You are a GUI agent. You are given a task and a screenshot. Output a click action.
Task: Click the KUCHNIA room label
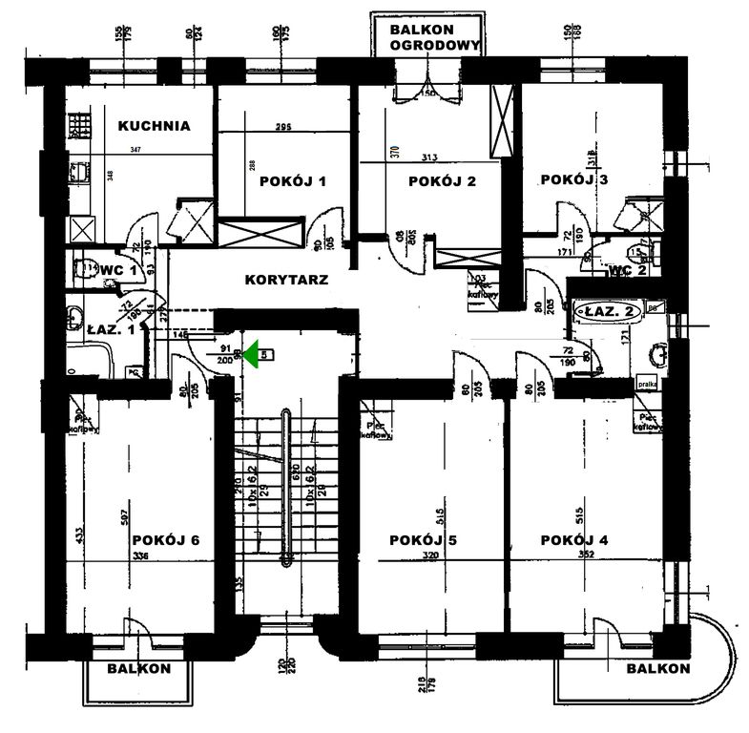[x=155, y=125]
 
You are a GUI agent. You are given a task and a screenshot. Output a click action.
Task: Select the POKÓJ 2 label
[x=441, y=181]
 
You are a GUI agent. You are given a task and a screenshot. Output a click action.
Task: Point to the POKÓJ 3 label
[x=573, y=178]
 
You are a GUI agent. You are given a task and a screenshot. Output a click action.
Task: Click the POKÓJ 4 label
[x=574, y=540]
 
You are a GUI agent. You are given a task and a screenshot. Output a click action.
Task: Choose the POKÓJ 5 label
[x=424, y=540]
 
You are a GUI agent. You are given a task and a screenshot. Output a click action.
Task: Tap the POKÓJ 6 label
[x=166, y=540]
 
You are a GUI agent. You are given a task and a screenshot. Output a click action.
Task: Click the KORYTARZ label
[x=287, y=281]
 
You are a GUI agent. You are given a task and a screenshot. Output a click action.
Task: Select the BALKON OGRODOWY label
[x=427, y=38]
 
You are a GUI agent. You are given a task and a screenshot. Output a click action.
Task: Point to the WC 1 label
[x=126, y=270]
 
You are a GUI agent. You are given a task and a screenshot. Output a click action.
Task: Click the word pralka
[x=646, y=385]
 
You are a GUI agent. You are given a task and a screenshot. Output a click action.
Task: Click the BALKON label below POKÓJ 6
[x=139, y=669]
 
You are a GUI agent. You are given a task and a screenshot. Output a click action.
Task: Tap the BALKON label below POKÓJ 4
[x=657, y=668]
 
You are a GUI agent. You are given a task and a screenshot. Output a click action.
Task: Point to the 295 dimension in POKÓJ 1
[x=282, y=128]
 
